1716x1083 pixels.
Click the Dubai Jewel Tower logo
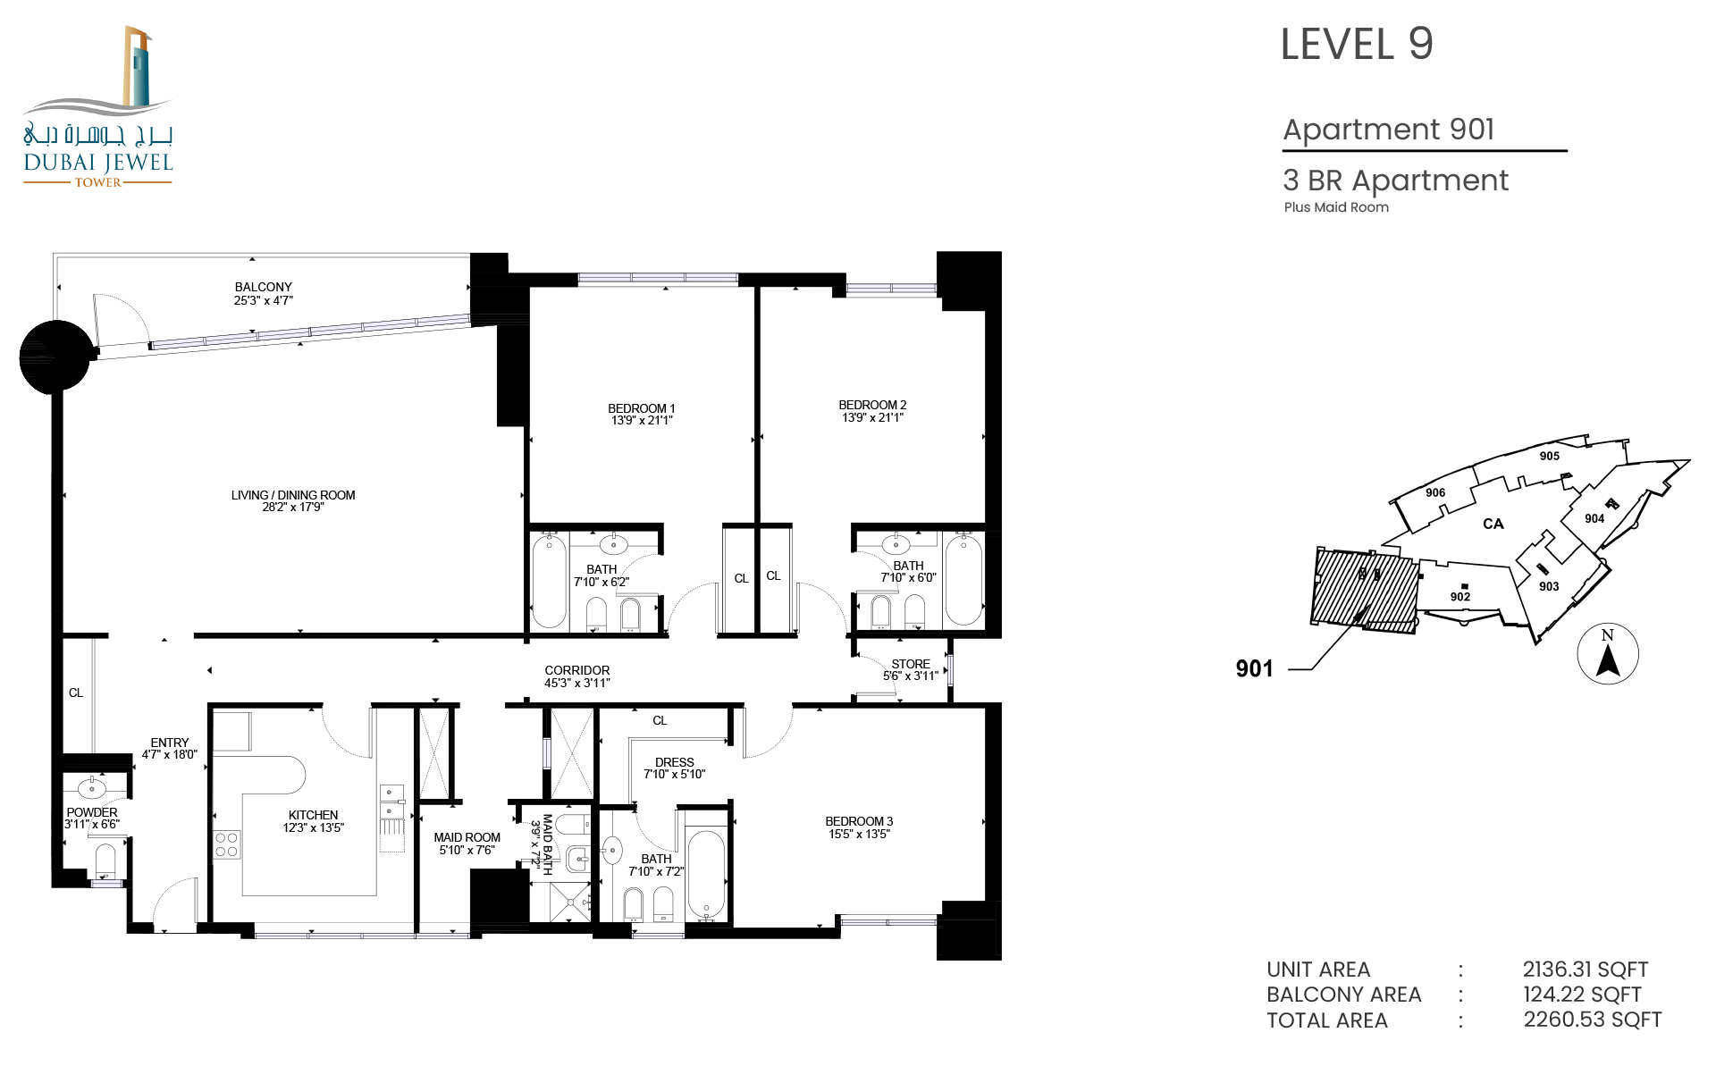pyautogui.click(x=97, y=106)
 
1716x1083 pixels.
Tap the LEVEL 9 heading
pyautogui.click(x=1357, y=44)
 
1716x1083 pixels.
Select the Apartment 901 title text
pyautogui.click(x=1389, y=130)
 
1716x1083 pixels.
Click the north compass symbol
pyautogui.click(x=1608, y=653)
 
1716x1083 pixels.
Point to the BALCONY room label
pyautogui.click(x=264, y=287)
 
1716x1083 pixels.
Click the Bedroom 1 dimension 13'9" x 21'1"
pyautogui.click(x=642, y=421)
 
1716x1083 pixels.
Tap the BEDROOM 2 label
pyautogui.click(x=872, y=405)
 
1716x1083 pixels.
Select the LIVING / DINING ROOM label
pyautogui.click(x=293, y=495)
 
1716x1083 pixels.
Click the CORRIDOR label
pyautogui.click(x=577, y=670)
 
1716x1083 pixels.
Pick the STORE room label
pyautogui.click(x=911, y=664)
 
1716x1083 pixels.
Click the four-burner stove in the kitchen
pyautogui.click(x=227, y=844)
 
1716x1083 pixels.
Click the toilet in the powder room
pyautogui.click(x=105, y=862)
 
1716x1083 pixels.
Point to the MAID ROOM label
pyautogui.click(x=467, y=837)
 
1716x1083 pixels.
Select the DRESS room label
pyautogui.click(x=675, y=762)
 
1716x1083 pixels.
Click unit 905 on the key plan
pyautogui.click(x=1550, y=456)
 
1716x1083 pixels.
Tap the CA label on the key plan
pyautogui.click(x=1493, y=524)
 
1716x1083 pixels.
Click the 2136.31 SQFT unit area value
pyautogui.click(x=1586, y=970)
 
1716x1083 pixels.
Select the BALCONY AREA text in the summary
pyautogui.click(x=1344, y=995)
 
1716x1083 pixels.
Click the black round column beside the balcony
pyautogui.click(x=55, y=357)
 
